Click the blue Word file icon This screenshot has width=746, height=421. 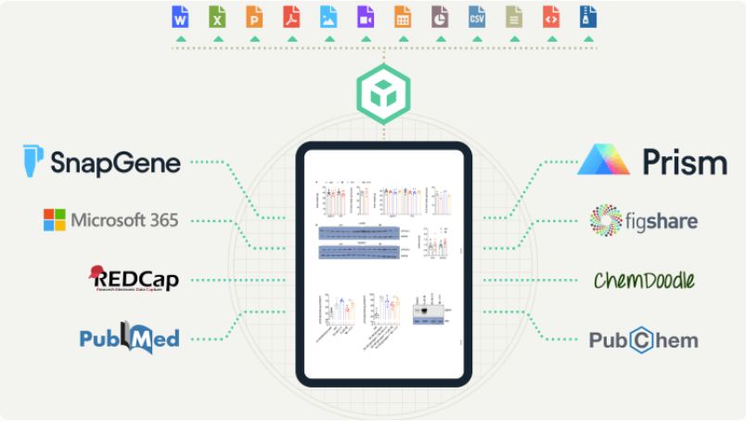180,17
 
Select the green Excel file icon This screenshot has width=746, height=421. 217,17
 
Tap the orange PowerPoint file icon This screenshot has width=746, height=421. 254,17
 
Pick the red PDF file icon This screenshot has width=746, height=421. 291,17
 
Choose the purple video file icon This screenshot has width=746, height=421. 366,17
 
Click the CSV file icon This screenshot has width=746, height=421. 477,17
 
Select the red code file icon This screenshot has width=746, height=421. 551,17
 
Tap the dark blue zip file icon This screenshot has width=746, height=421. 587,17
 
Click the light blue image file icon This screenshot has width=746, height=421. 328,17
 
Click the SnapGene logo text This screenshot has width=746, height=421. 116,164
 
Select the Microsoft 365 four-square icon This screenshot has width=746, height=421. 55,220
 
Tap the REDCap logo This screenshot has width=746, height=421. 131,278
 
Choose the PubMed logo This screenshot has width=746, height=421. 129,337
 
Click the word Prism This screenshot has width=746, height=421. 685,163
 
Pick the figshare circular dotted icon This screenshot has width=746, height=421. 609,221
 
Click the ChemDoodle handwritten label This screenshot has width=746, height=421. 645,280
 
